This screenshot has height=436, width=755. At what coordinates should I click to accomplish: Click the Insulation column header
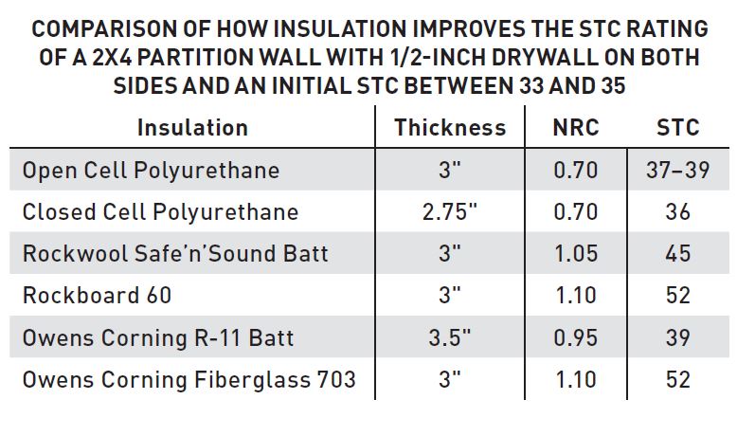click(192, 127)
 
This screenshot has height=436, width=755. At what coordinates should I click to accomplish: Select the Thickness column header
click(450, 127)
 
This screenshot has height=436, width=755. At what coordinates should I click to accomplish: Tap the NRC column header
click(576, 127)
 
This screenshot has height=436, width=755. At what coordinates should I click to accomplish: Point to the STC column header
click(677, 127)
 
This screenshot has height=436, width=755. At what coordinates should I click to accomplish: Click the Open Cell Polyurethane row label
click(151, 171)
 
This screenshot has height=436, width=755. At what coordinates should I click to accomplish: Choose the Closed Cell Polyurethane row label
click(160, 211)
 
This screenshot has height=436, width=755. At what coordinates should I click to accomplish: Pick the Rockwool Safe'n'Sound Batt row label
click(175, 253)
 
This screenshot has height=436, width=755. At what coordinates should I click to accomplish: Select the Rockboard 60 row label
click(97, 295)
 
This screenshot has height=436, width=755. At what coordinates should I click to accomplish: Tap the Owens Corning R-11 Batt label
click(158, 336)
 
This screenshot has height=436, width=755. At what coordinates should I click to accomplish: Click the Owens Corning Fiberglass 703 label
click(189, 379)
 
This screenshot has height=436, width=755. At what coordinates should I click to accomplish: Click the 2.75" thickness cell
click(450, 211)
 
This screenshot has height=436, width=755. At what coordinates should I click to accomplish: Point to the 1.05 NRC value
click(576, 253)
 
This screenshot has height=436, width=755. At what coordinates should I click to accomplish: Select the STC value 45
click(677, 253)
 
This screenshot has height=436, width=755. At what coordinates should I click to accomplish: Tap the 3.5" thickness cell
click(450, 336)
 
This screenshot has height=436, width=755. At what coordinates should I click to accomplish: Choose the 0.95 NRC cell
click(576, 336)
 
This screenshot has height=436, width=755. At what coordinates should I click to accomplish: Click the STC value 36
click(677, 211)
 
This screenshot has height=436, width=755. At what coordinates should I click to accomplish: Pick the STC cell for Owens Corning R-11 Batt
click(677, 336)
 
